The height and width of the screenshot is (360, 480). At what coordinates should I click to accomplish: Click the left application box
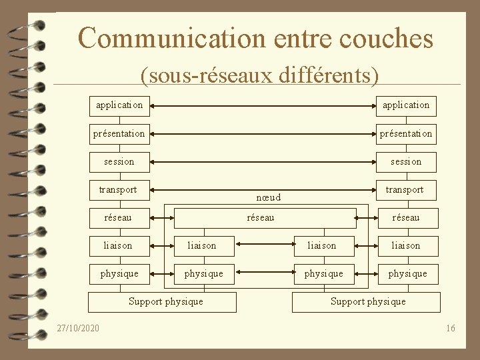[119, 105]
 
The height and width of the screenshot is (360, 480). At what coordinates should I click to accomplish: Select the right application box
[405, 105]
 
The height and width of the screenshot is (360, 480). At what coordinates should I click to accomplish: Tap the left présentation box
[119, 133]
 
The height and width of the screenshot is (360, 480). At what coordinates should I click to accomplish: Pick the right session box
[405, 161]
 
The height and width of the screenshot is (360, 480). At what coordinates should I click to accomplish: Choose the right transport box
[405, 190]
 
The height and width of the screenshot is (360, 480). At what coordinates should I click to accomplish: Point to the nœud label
[268, 197]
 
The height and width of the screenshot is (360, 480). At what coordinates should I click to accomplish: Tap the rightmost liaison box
[405, 245]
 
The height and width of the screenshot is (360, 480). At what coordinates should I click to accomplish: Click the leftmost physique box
[119, 273]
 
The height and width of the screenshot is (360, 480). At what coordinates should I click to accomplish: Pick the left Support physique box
[165, 301]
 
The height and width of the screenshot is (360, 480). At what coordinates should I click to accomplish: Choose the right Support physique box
[367, 301]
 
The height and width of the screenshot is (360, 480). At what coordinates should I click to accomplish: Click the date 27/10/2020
[78, 328]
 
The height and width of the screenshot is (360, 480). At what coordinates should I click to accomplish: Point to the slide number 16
[451, 328]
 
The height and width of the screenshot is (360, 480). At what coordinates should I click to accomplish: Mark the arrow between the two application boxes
[261, 105]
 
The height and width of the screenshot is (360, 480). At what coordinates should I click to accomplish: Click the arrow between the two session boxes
[261, 161]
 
